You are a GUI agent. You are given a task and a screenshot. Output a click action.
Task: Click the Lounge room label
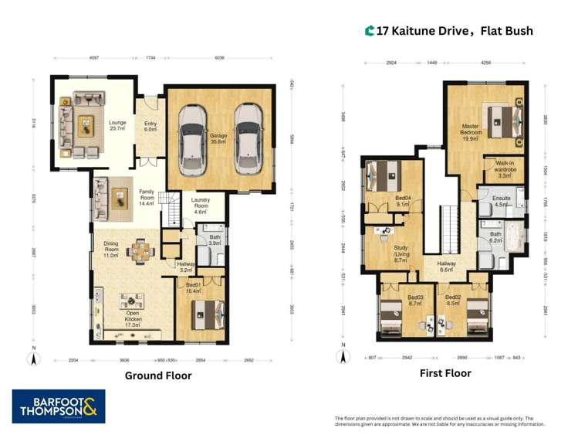pos(117,126)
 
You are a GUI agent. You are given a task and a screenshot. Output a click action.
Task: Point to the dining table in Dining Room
pos(140,250)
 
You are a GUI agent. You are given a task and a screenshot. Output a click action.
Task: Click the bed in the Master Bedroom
pos(503,118)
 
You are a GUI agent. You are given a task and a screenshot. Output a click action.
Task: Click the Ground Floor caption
pos(158,376)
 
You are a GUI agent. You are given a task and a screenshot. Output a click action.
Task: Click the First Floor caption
pos(445,373)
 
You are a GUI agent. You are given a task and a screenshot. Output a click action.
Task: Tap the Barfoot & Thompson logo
pos(59,406)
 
